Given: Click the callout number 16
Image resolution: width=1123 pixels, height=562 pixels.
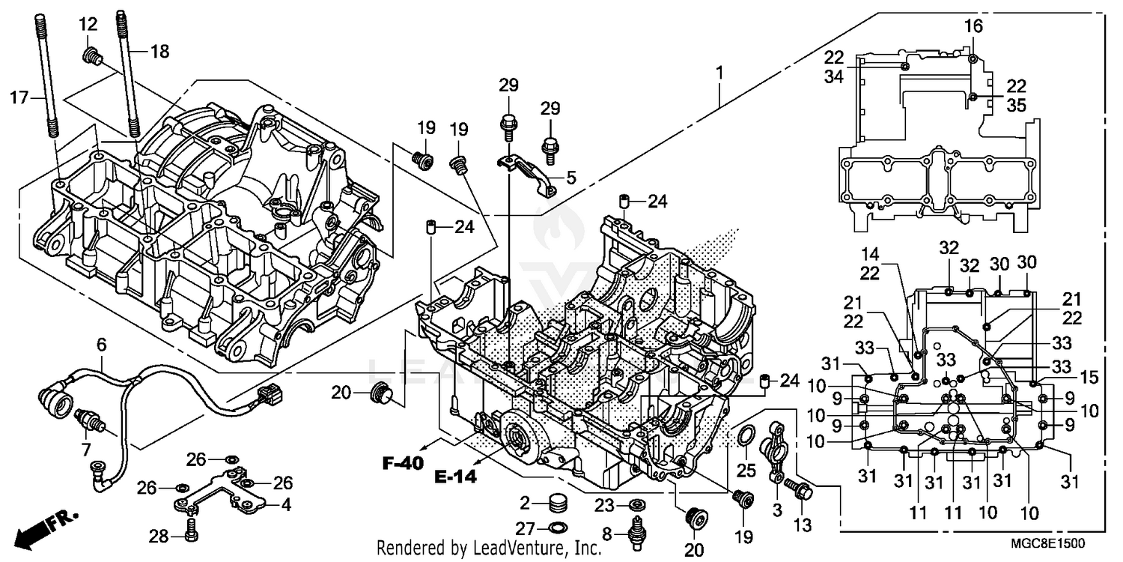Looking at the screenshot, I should (x=973, y=28).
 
